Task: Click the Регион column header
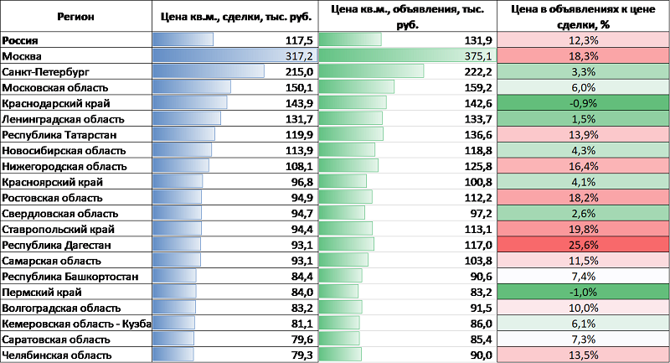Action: coord(76,16)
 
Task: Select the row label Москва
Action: coord(23,55)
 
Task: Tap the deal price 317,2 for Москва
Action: coord(299,55)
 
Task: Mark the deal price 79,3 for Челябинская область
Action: coord(300,355)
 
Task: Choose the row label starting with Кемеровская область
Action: coord(76,324)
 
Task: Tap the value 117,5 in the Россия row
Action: coord(299,40)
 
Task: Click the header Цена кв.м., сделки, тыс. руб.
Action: coord(235,16)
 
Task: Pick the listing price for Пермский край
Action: coord(480,292)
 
